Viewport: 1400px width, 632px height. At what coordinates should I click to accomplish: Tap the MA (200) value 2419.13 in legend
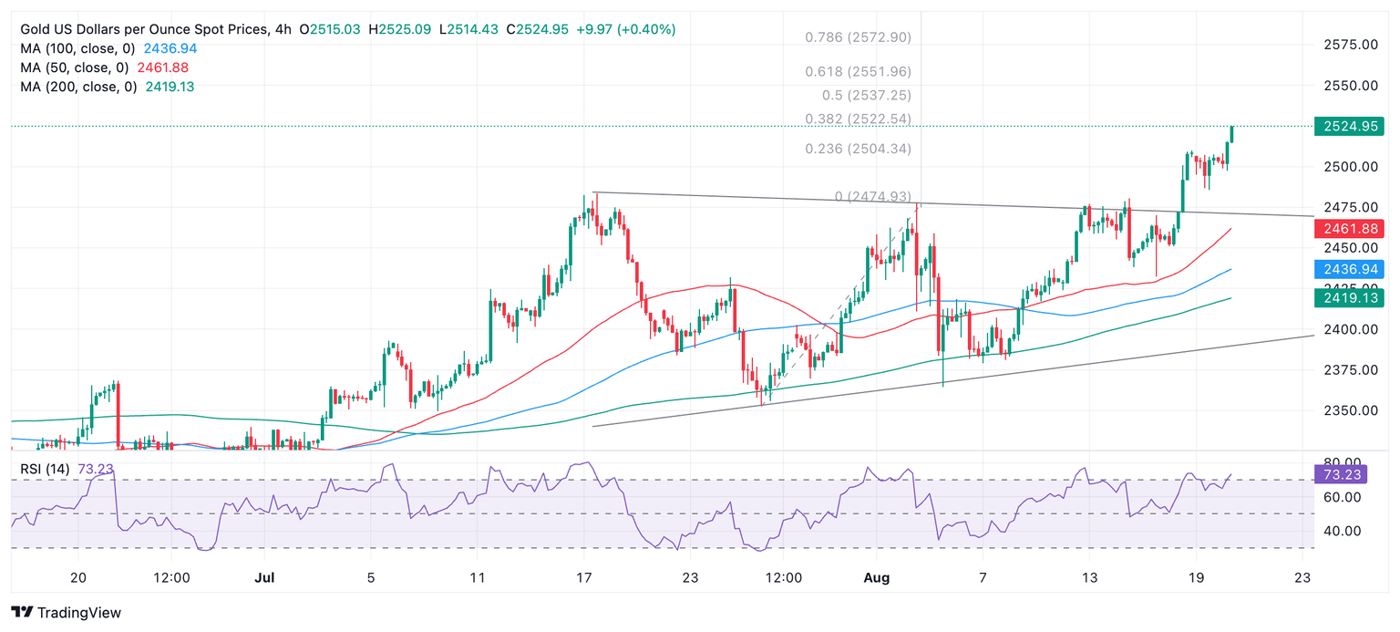pos(170,87)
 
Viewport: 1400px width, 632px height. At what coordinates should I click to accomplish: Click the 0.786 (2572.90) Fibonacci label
pos(858,37)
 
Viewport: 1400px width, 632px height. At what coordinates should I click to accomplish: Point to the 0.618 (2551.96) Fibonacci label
pos(858,71)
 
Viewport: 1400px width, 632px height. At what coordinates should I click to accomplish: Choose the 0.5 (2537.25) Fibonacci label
pos(866,95)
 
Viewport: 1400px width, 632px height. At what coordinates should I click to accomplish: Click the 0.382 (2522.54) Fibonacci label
pos(858,119)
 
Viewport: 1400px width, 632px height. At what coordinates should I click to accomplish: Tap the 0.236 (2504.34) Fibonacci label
pos(858,149)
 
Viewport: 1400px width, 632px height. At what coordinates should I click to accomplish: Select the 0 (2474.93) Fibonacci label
pos(872,196)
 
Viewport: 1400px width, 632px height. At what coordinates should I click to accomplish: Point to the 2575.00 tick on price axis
pos(1349,44)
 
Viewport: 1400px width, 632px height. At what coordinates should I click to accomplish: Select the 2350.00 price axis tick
pos(1349,410)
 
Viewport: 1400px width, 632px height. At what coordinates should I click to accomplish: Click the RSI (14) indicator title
pos(46,469)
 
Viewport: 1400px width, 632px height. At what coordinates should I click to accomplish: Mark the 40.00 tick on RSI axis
pos(1343,531)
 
